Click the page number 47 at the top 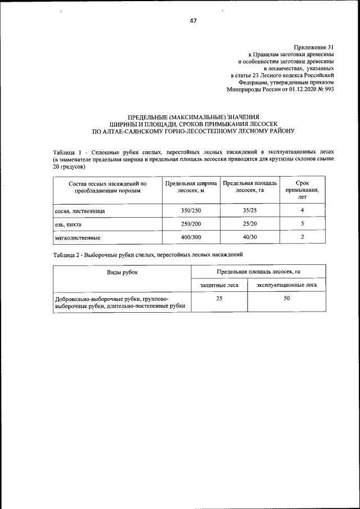pyautogui.click(x=193, y=21)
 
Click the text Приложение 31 pyautogui.click(x=313, y=47)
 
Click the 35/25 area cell pyautogui.click(x=250, y=210)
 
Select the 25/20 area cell pyautogui.click(x=250, y=224)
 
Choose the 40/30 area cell pyautogui.click(x=250, y=237)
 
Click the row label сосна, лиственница pyautogui.click(x=79, y=211)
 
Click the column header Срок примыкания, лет pyautogui.click(x=302, y=190)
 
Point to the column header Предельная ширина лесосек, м pyautogui.click(x=190, y=187)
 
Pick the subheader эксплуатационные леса pyautogui.click(x=286, y=285)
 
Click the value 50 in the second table pyautogui.click(x=286, y=298)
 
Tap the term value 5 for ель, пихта pyautogui.click(x=302, y=224)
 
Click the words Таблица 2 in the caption pyautogui.click(x=66, y=255)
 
